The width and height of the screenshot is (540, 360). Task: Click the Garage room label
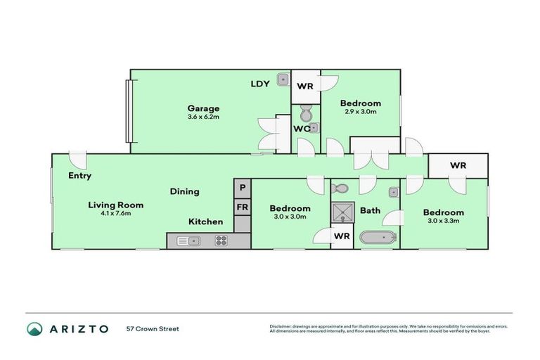(x=203, y=108)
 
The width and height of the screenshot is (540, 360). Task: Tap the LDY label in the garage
(x=260, y=84)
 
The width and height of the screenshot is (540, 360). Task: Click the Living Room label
(x=115, y=205)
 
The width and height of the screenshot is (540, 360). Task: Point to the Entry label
(x=79, y=176)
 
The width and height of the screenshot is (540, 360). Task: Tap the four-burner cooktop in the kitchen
(x=221, y=241)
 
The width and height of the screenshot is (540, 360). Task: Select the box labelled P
(x=242, y=188)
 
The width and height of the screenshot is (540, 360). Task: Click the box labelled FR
(x=242, y=207)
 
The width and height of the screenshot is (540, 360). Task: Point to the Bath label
(x=371, y=210)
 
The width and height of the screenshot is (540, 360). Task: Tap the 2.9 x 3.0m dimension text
(x=361, y=112)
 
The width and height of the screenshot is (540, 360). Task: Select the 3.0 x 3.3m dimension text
(x=443, y=221)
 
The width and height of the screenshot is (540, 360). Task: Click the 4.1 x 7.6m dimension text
(x=115, y=214)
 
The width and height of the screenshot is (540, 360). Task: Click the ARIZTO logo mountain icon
(x=34, y=329)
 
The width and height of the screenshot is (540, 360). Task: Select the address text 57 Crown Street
(x=153, y=329)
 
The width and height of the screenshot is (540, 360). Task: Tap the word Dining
(x=184, y=191)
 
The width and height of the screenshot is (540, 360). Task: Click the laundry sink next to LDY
(x=283, y=79)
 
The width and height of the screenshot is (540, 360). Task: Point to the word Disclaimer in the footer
(x=281, y=326)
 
